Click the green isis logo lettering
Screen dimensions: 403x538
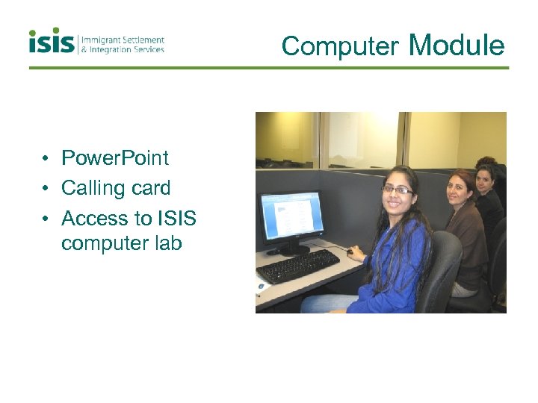click(x=52, y=42)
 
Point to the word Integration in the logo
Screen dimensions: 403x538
click(x=114, y=50)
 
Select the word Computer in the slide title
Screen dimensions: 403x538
click(x=339, y=46)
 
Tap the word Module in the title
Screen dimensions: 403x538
click(x=457, y=46)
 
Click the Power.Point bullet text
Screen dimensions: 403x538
click(x=115, y=158)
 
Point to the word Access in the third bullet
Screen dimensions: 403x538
click(x=96, y=219)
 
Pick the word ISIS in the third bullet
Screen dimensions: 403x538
click(x=176, y=219)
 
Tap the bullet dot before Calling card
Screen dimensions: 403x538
click(x=46, y=189)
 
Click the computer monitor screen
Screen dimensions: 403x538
click(x=292, y=215)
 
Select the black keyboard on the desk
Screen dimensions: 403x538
click(x=298, y=266)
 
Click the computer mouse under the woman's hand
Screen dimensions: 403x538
click(x=350, y=252)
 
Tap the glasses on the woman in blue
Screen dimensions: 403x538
click(x=397, y=190)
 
